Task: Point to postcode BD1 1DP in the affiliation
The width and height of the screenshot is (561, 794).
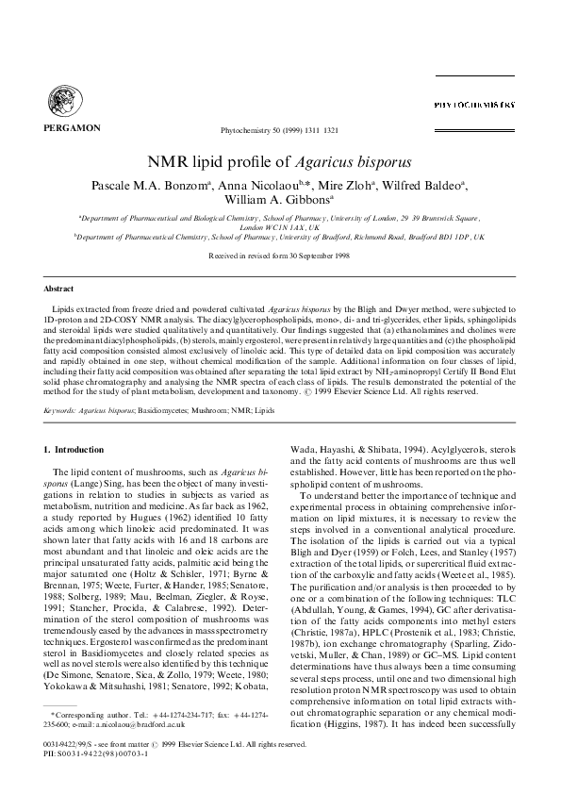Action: pos(456,239)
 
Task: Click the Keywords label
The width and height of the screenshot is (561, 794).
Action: pos(62,385)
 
